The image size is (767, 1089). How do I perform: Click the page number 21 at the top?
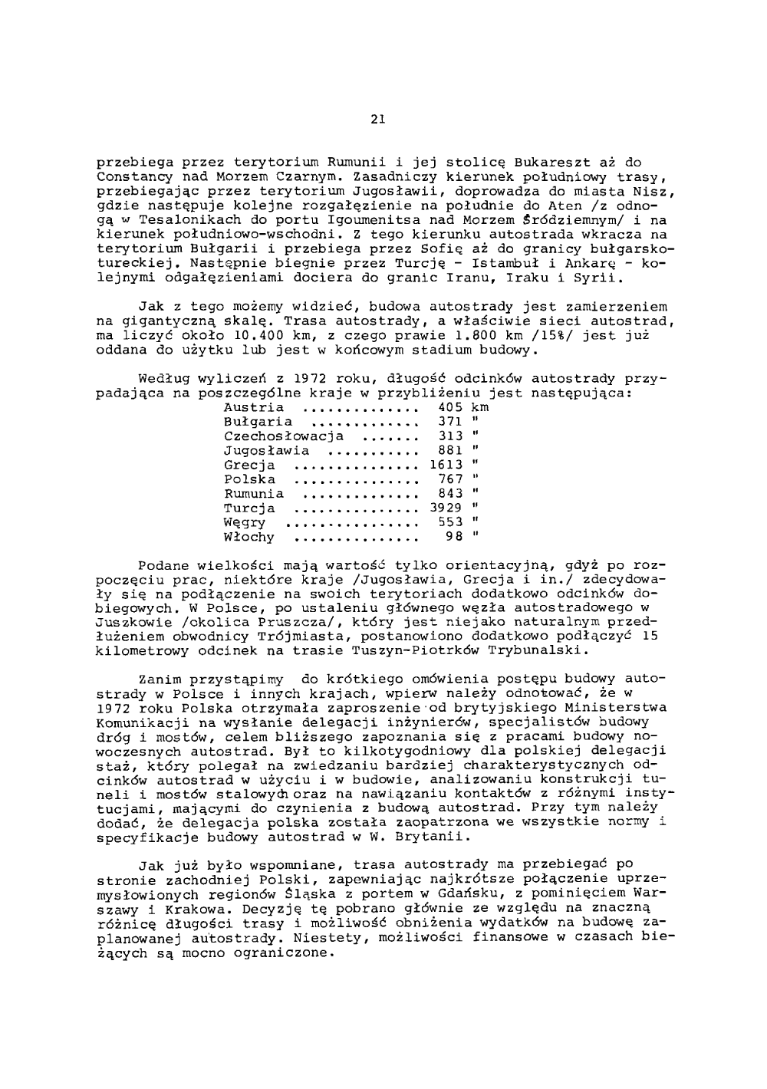[x=376, y=119]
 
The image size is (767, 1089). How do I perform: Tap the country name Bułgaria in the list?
[x=258, y=422]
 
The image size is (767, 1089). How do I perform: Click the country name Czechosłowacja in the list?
[x=284, y=436]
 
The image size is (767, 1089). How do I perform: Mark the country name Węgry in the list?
[x=245, y=523]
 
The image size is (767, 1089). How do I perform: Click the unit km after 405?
[x=480, y=407]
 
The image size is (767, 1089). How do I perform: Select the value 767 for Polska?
[x=450, y=479]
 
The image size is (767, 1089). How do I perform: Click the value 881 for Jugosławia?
[x=450, y=451]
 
